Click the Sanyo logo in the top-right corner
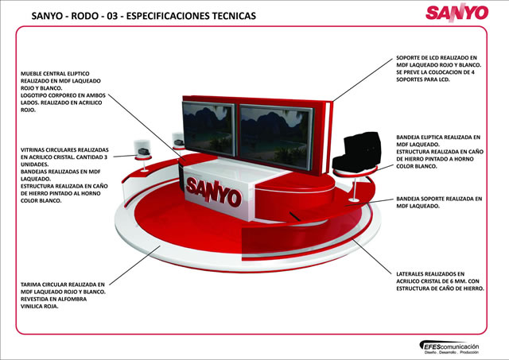[457, 13]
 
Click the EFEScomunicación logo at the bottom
[449, 347]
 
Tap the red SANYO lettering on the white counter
[214, 192]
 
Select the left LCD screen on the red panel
[208, 129]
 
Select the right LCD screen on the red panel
[277, 137]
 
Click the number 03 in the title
[112, 16]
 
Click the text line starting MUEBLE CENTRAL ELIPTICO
[55, 74]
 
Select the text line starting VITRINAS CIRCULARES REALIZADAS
[64, 150]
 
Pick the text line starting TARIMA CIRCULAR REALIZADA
[63, 285]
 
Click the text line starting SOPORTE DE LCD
[437, 58]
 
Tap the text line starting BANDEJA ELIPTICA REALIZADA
[438, 137]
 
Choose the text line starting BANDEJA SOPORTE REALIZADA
[439, 199]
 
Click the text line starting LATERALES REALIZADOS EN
[430, 274]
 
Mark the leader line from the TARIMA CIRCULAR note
[134, 265]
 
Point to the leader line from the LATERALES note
[372, 257]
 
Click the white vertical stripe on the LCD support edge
[327, 137]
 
